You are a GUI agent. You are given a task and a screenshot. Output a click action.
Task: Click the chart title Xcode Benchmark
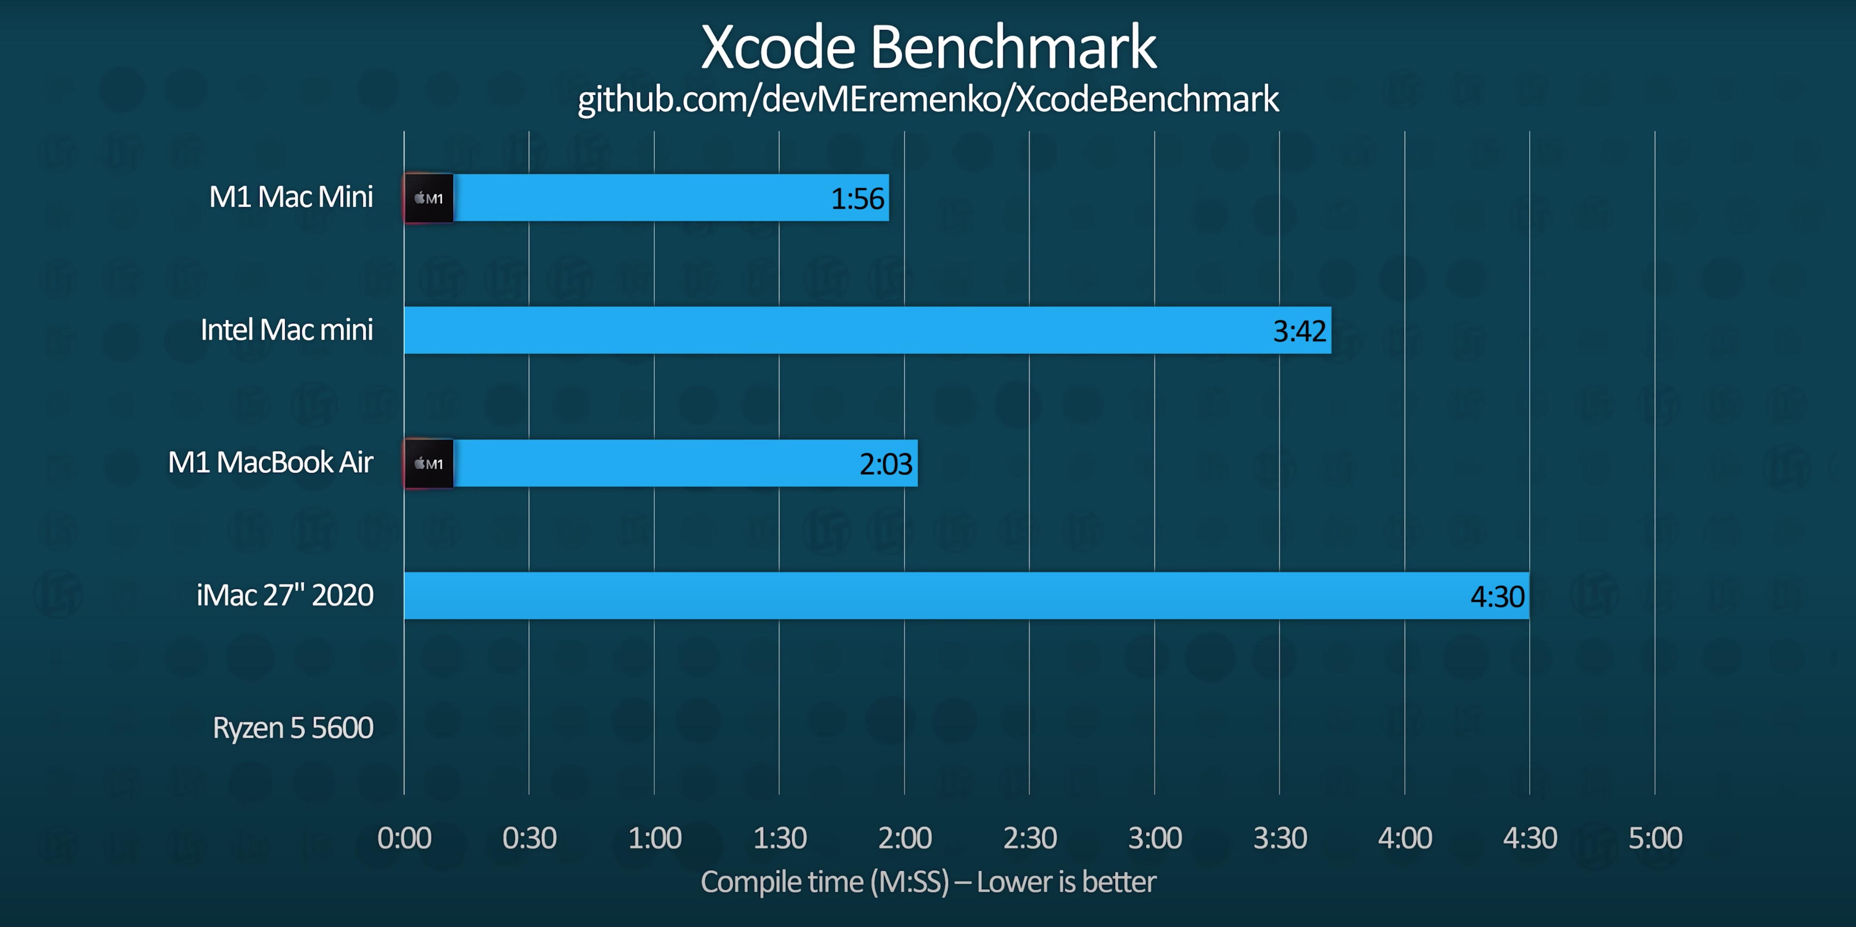click(x=928, y=47)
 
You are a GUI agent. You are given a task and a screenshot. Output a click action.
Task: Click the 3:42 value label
click(x=1299, y=331)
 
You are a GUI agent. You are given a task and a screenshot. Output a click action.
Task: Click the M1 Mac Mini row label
click(x=291, y=197)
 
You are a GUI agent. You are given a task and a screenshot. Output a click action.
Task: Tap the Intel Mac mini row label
click(x=287, y=330)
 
